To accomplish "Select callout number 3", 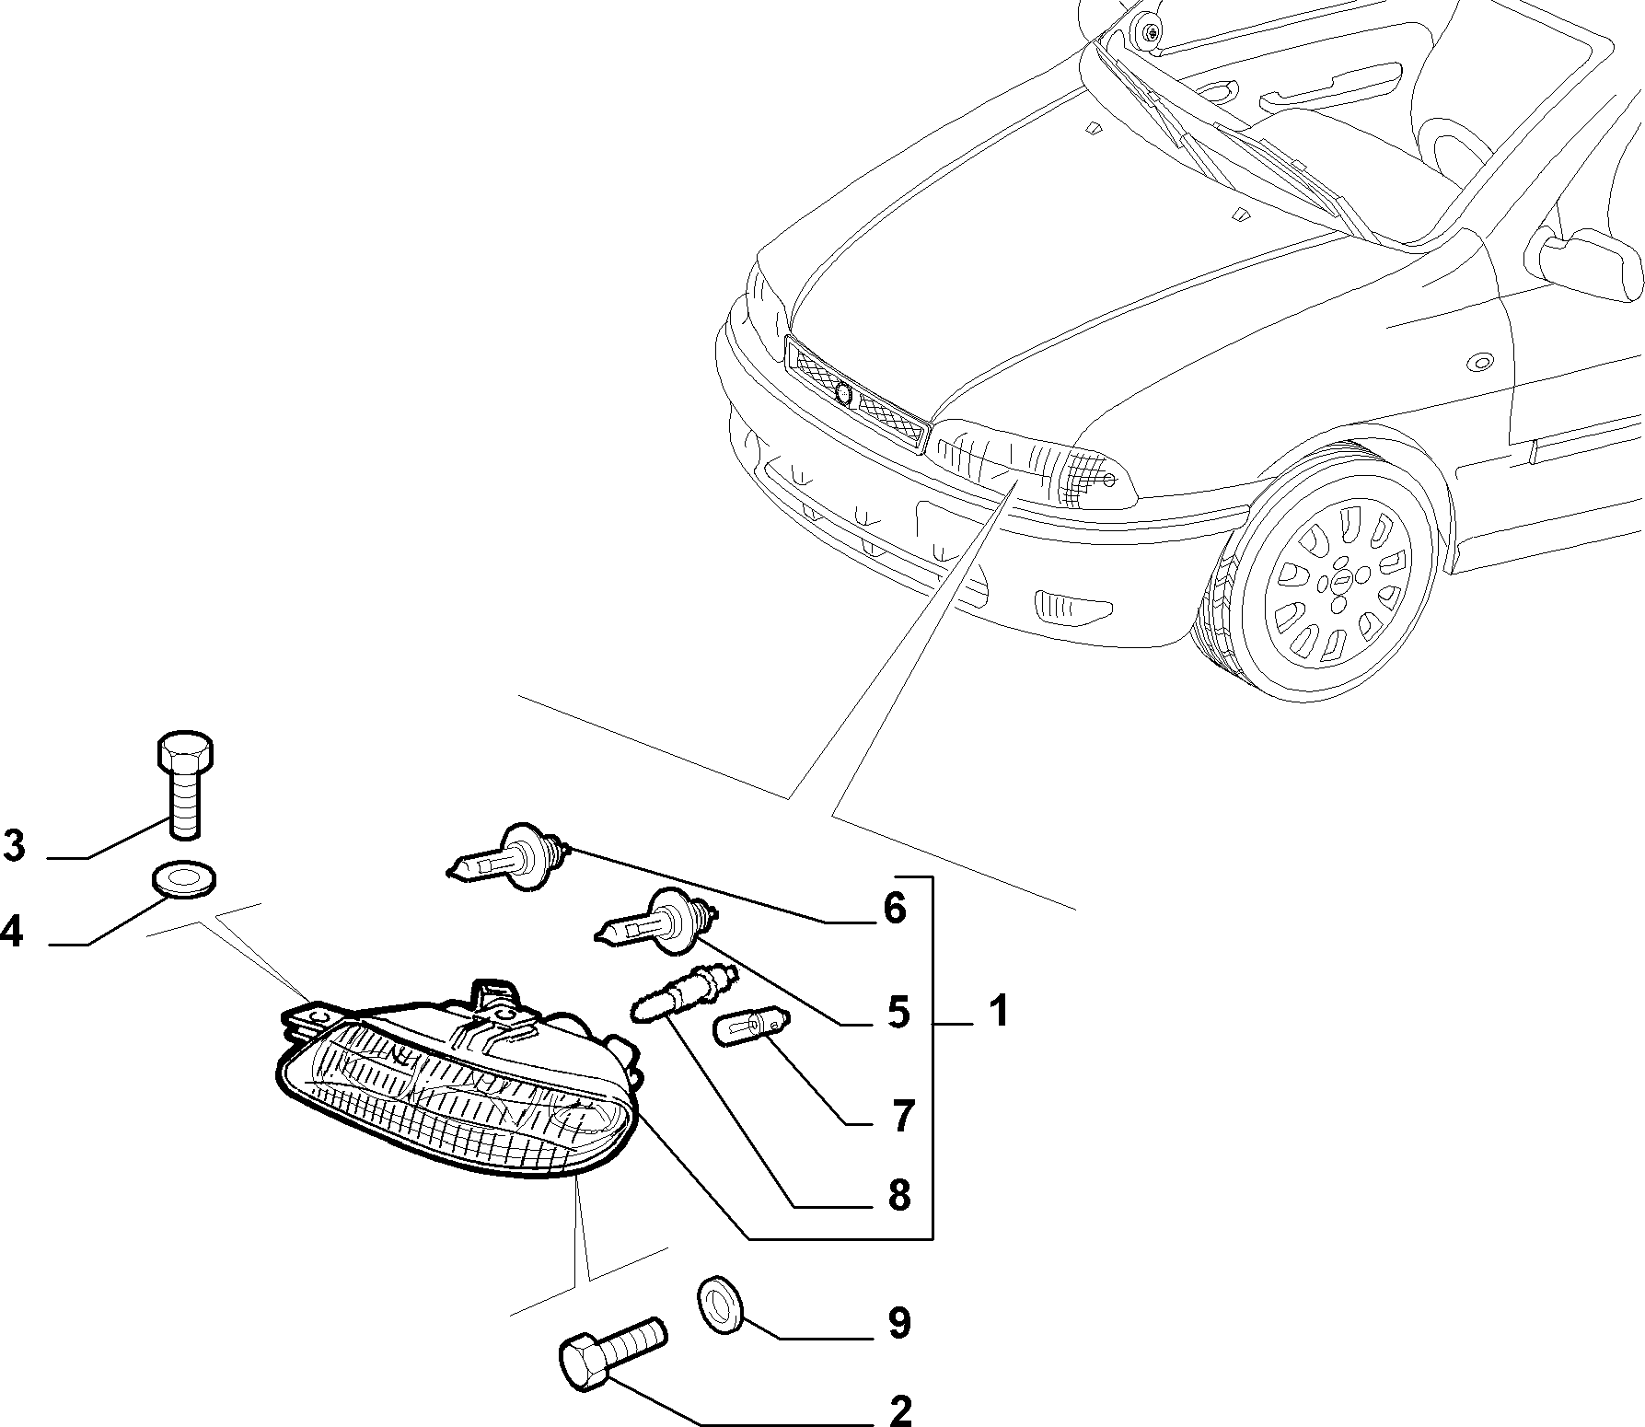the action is tap(14, 845).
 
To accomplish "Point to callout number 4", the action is tap(11, 933).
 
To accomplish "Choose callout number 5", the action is tap(898, 1012).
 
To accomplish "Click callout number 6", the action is tap(894, 909).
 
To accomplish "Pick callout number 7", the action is tap(902, 1116).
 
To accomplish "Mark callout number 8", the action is tap(898, 1196).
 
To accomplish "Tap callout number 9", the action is tap(898, 1323).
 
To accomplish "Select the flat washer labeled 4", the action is tap(185, 878).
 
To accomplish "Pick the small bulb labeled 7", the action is tap(751, 1024).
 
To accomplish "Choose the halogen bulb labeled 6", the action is tap(511, 854).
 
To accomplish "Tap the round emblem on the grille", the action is tap(843, 391).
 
